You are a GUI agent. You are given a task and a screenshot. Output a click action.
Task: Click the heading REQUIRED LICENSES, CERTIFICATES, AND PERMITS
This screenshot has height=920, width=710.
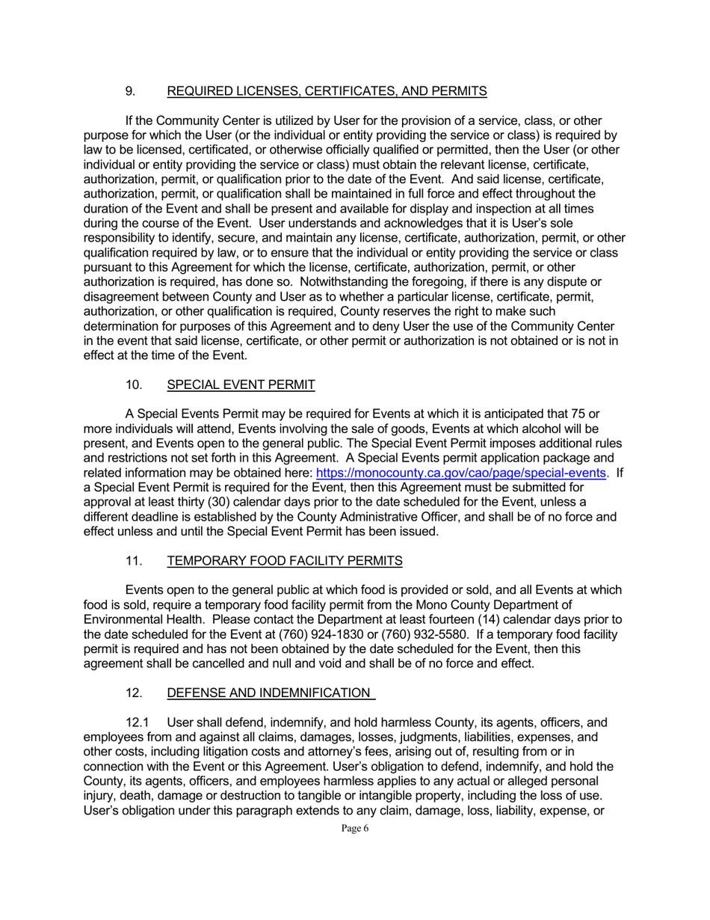(327, 91)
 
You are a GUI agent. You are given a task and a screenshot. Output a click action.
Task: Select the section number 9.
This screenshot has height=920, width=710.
(130, 91)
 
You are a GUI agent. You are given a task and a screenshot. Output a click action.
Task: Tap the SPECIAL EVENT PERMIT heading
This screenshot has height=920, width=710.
(241, 385)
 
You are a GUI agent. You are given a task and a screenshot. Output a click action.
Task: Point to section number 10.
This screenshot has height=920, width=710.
(133, 385)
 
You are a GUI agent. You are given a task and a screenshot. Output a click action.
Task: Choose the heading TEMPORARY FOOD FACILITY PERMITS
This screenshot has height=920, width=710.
(285, 561)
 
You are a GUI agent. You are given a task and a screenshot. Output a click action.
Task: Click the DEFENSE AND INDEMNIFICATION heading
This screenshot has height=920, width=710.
(270, 693)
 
